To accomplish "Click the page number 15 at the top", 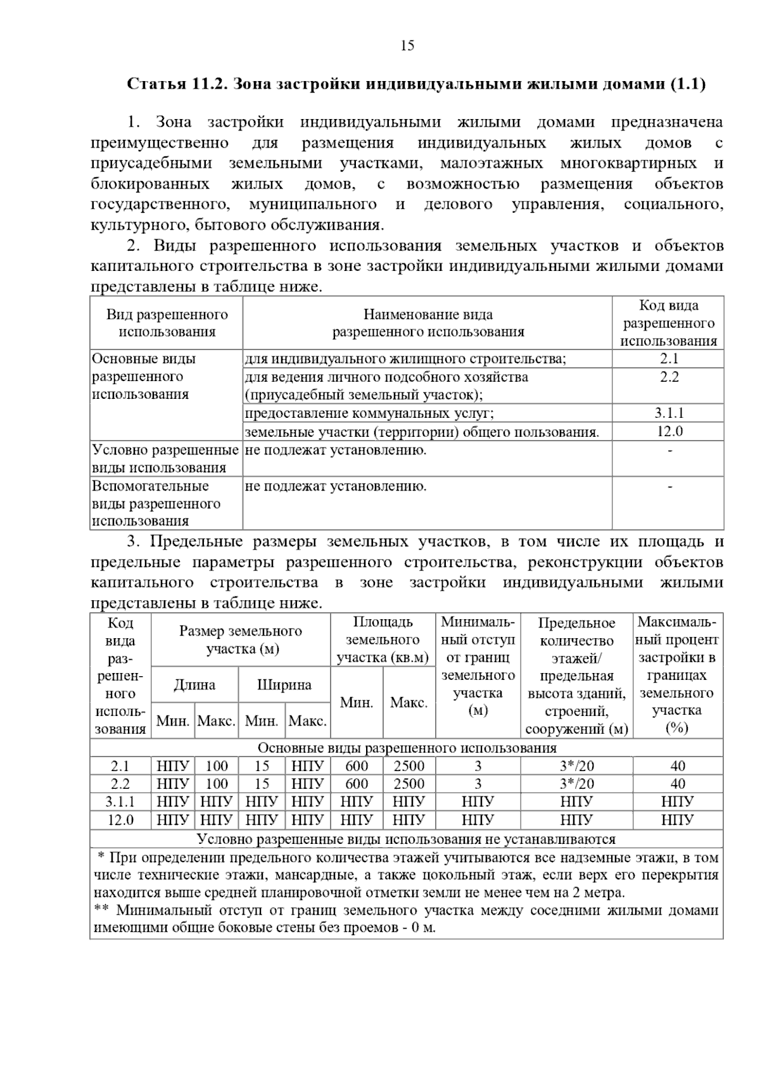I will [407, 46].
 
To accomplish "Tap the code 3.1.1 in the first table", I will [669, 413].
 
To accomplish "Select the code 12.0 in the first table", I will [669, 432].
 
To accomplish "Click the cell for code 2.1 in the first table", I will [669, 359].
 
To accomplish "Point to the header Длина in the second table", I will [194, 685].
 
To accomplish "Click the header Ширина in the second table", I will [284, 685].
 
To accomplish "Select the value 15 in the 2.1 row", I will [262, 766].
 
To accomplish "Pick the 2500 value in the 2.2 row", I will [409, 784].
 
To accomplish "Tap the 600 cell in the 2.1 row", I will [357, 766].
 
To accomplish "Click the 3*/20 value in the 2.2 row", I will [577, 784].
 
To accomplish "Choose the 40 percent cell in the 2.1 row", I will [678, 766].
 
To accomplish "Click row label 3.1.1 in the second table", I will [120, 802].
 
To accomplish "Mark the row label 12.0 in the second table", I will [120, 820].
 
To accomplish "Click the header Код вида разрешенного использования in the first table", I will [669, 324].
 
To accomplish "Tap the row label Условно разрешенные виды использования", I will [165, 459].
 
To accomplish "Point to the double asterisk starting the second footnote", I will [101, 911].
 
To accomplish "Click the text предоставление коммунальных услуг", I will [369, 413].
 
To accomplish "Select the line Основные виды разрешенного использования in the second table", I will [407, 748].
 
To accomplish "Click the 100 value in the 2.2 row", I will [217, 784].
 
